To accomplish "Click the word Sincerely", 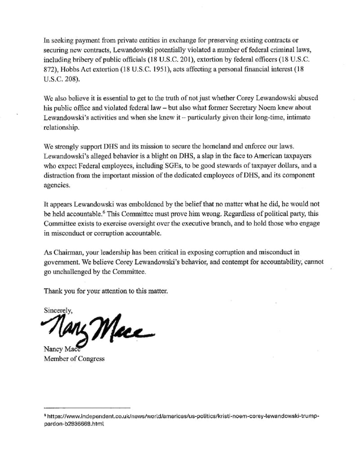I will coord(58,310).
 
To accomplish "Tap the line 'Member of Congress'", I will coord(74,359).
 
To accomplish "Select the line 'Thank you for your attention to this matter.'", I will coord(106,291).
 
